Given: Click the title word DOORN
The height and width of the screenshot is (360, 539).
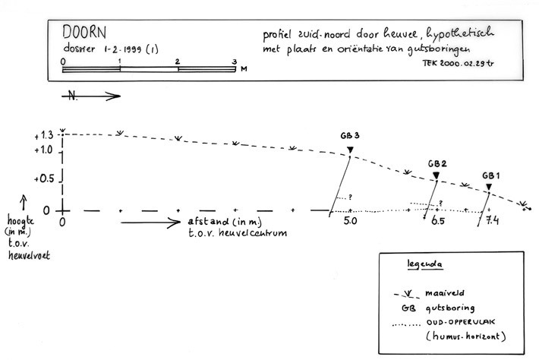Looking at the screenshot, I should pyautogui.click(x=84, y=33).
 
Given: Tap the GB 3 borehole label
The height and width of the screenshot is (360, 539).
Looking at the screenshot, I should pyautogui.click(x=350, y=136).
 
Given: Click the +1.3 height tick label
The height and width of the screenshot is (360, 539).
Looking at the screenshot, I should pyautogui.click(x=43, y=135).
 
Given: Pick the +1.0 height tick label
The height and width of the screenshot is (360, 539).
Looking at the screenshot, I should pyautogui.click(x=43, y=150).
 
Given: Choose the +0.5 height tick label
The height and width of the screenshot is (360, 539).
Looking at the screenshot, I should pyautogui.click(x=43, y=179).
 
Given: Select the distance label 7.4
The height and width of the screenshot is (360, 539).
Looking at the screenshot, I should pyautogui.click(x=492, y=223).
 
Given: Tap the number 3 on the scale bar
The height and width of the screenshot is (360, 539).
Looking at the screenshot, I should pyautogui.click(x=235, y=62).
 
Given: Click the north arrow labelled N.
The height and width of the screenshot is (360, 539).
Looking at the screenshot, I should pyautogui.click(x=91, y=96).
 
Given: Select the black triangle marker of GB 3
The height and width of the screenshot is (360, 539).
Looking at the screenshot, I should pyautogui.click(x=350, y=149).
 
